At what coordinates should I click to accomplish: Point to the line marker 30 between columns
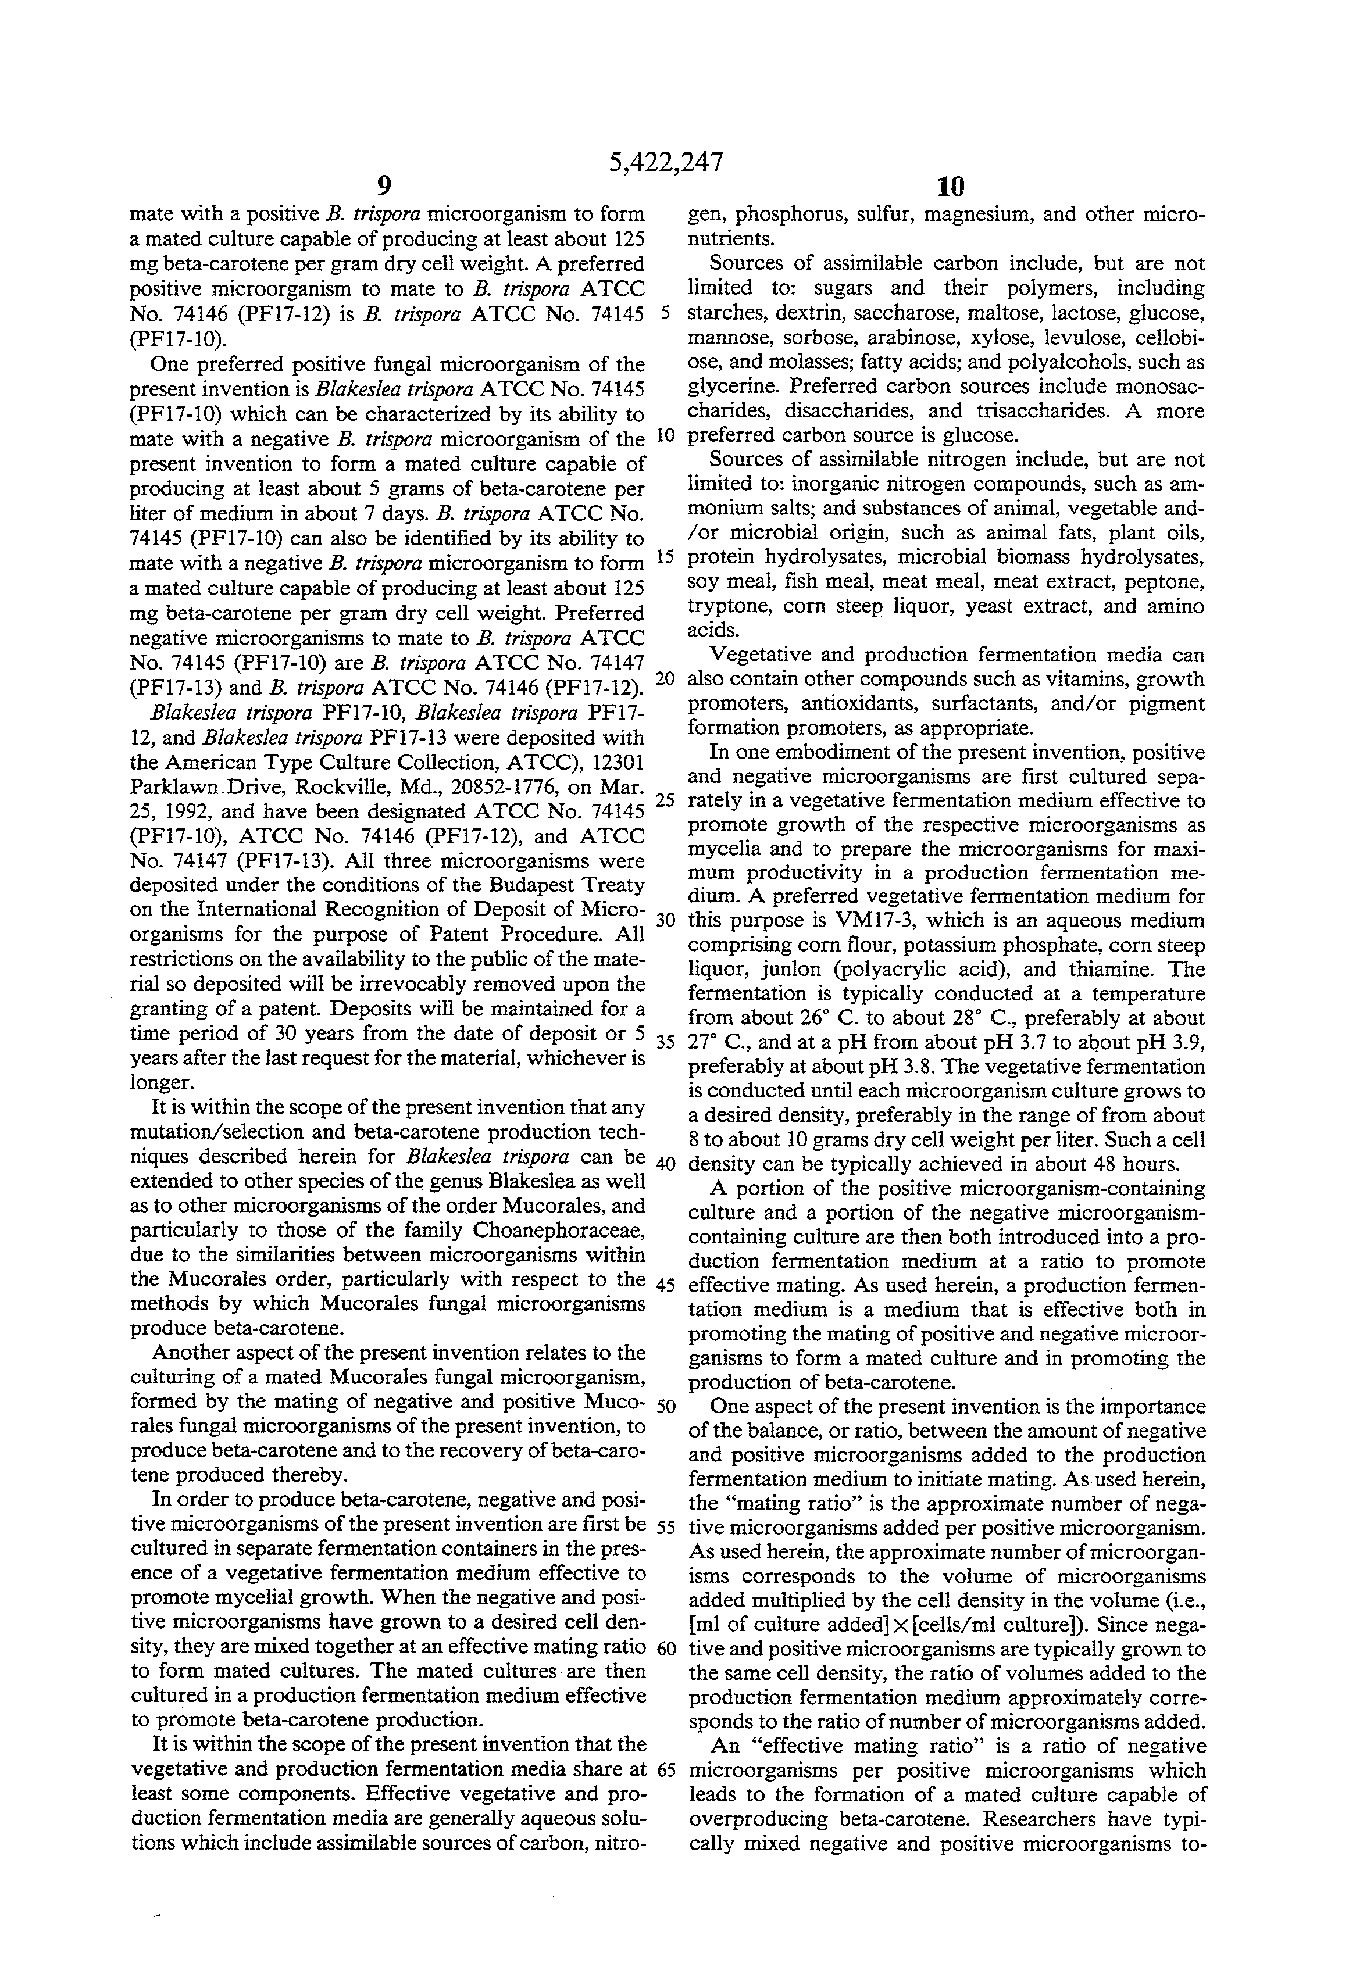click(x=666, y=921)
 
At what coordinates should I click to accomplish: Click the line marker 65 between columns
click(x=666, y=1769)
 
